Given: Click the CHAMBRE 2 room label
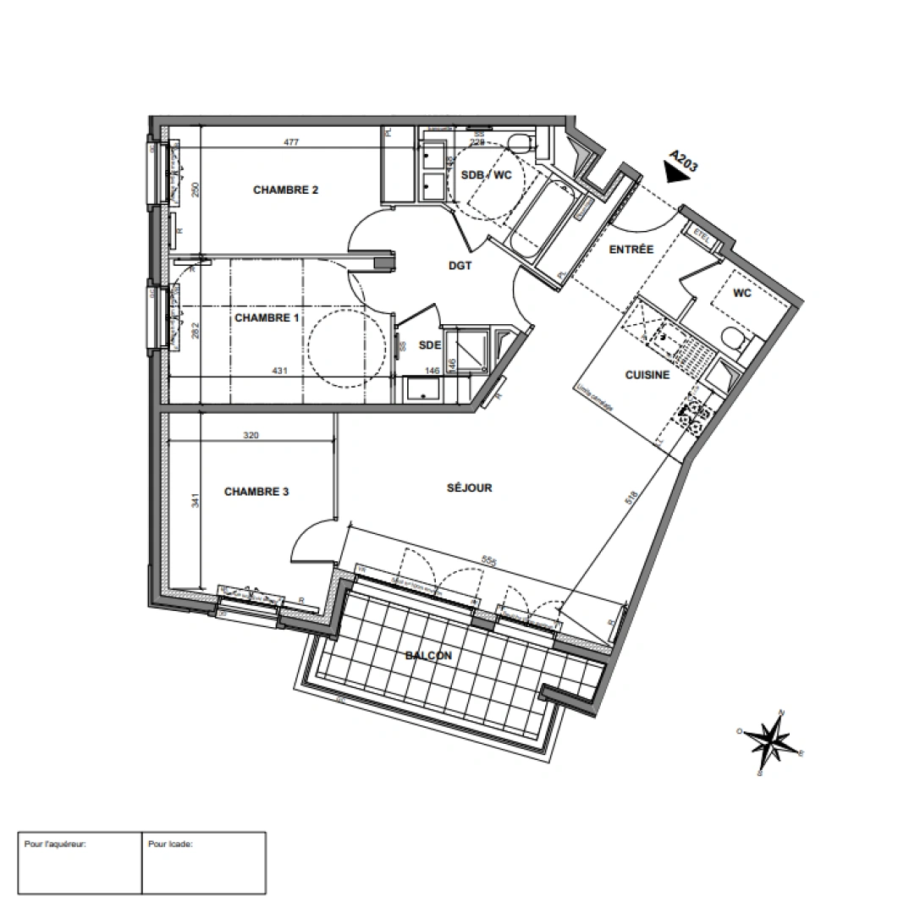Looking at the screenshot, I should coord(285,190).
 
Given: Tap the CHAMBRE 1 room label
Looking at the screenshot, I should coord(267,318).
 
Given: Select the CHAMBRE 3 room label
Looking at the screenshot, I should coord(256,492).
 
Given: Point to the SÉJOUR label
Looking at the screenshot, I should coord(469,487).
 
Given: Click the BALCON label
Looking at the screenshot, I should coord(427,656).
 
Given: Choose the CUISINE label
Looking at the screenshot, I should coord(647,375).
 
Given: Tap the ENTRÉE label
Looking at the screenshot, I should coord(631,250).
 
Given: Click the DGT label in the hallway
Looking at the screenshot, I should coord(460,266).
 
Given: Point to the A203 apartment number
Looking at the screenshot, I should coord(683,161).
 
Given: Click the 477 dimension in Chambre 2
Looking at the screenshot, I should coord(291,143).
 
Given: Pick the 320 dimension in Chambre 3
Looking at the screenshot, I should coord(251,436).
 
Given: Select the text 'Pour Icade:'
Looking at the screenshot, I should coord(170,844).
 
